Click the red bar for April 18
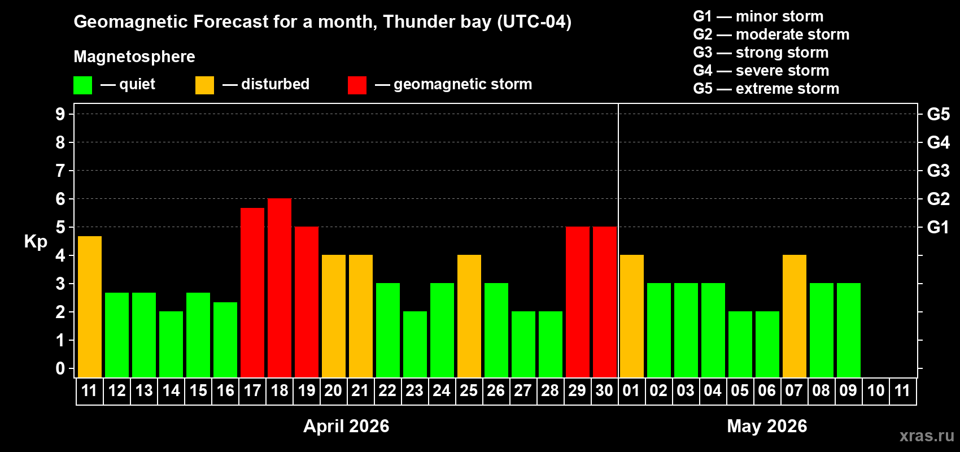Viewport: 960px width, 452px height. point(280,288)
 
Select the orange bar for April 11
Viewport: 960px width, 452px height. point(90,307)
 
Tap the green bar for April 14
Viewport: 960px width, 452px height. point(171,344)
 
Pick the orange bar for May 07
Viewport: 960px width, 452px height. point(795,316)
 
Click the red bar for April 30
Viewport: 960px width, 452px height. point(605,302)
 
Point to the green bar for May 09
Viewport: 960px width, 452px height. point(849,330)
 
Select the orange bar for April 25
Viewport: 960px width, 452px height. point(469,316)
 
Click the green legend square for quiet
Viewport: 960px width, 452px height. point(83,85)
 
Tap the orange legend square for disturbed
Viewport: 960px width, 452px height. point(204,85)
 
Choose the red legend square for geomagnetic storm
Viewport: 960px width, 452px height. point(357,85)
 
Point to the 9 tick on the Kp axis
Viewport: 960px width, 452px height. point(60,114)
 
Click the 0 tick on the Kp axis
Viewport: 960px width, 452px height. point(60,368)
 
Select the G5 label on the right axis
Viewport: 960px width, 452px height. point(938,114)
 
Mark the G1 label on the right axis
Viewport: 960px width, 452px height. point(938,227)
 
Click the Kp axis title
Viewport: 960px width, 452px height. point(36,241)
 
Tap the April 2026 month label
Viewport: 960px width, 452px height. point(346,426)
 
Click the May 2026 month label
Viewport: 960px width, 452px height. point(767,426)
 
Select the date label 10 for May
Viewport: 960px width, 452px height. point(876,390)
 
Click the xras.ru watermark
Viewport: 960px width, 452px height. point(927,435)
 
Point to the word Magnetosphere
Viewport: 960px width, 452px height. point(134,56)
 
